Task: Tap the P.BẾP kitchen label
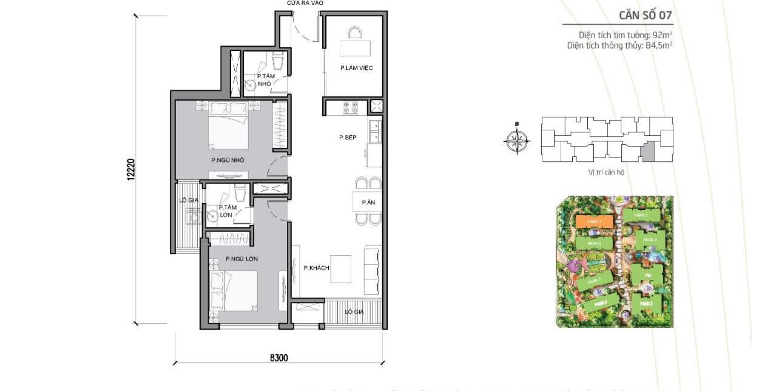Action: pos(347,138)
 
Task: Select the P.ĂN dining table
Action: pos(367,202)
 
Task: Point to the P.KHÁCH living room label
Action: pos(315,268)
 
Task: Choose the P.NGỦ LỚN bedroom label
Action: pos(241,259)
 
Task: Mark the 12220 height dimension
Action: pos(129,169)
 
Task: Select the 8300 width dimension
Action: pos(278,358)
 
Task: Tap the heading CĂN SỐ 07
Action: pos(645,15)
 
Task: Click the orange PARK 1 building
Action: pos(592,222)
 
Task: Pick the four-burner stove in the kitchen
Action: pos(351,108)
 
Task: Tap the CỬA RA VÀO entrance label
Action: pos(305,4)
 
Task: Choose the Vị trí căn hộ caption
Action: pos(605,172)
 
